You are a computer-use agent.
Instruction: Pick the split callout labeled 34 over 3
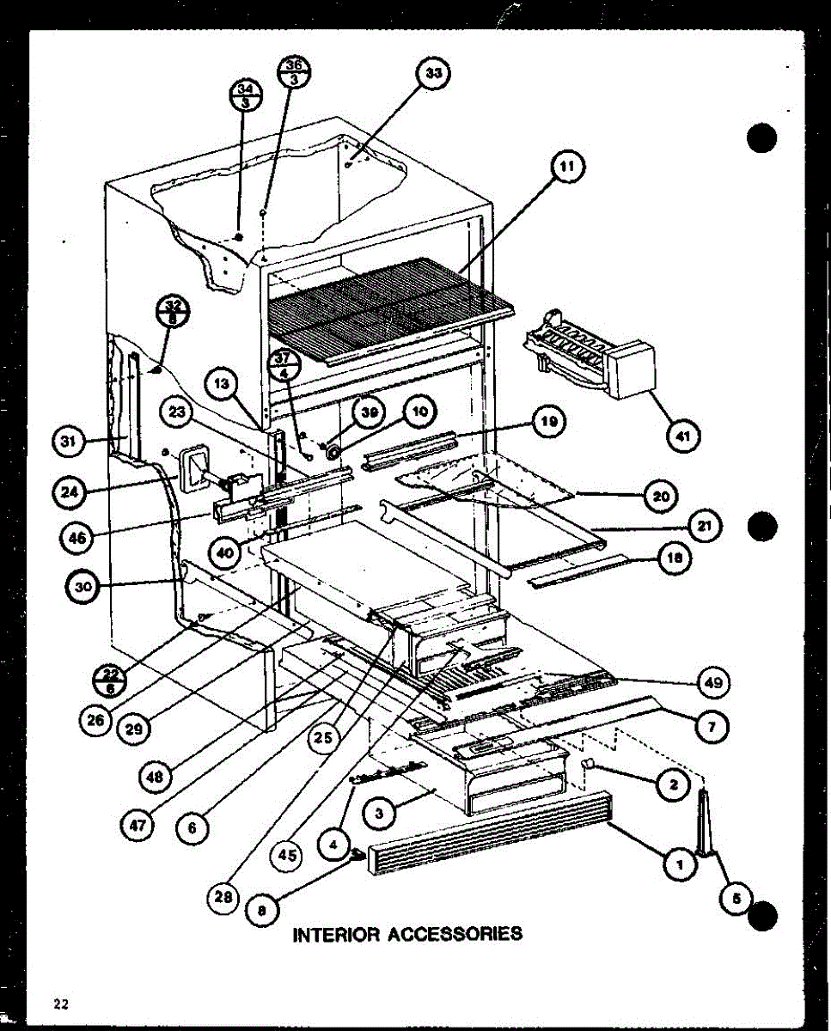(244, 95)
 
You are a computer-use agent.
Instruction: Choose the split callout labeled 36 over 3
(294, 70)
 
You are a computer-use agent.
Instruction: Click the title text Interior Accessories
(407, 933)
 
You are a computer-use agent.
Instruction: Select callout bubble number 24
(67, 492)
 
